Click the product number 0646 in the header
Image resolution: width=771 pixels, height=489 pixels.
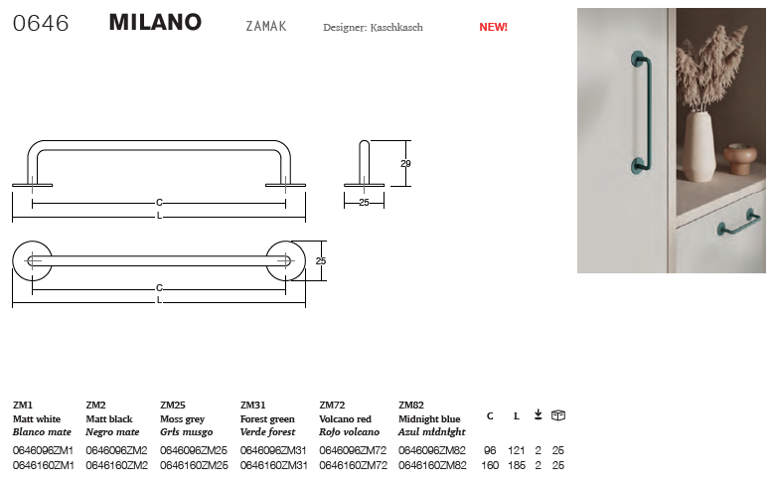pyautogui.click(x=41, y=23)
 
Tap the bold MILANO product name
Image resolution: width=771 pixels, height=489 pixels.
pyautogui.click(x=155, y=22)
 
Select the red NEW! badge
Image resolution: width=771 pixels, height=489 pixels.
pyautogui.click(x=493, y=27)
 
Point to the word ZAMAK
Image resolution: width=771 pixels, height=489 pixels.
pyautogui.click(x=266, y=26)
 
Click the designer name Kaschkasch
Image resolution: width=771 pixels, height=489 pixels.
pyautogui.click(x=396, y=28)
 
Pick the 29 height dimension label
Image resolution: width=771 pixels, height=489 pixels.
pyautogui.click(x=405, y=164)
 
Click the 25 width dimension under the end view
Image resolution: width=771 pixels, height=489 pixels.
pyautogui.click(x=364, y=202)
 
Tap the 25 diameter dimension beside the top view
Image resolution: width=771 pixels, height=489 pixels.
pyautogui.click(x=321, y=261)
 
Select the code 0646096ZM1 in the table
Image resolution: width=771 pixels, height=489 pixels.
pyautogui.click(x=44, y=450)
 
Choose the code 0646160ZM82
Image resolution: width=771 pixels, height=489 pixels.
pyautogui.click(x=432, y=465)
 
